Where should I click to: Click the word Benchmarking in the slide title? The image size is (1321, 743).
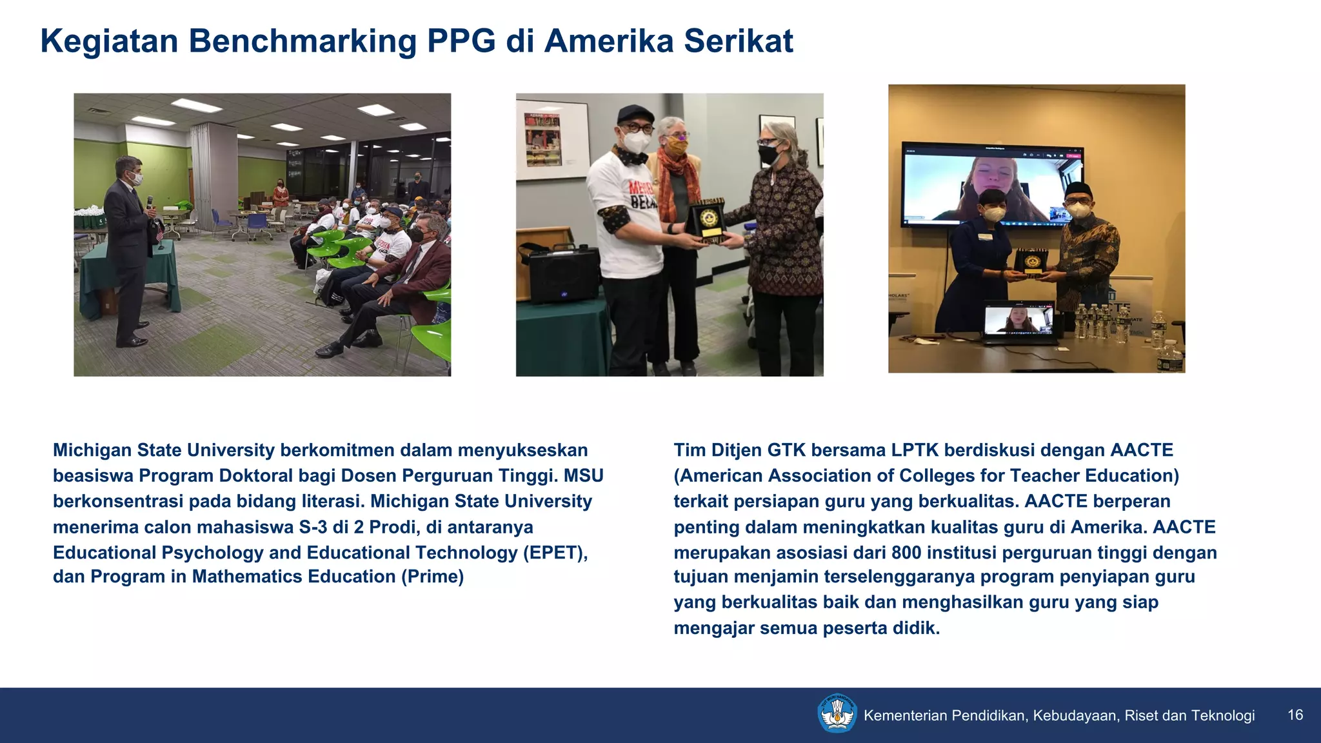(x=303, y=41)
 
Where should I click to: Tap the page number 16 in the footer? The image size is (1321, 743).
(x=1295, y=715)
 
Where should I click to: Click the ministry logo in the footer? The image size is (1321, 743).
(x=837, y=714)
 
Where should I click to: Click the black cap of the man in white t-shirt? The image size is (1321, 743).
(x=635, y=115)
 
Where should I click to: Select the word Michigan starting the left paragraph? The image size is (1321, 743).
(x=91, y=450)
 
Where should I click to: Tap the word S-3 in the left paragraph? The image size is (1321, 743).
(x=313, y=528)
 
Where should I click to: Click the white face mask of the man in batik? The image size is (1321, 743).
(x=1078, y=210)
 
